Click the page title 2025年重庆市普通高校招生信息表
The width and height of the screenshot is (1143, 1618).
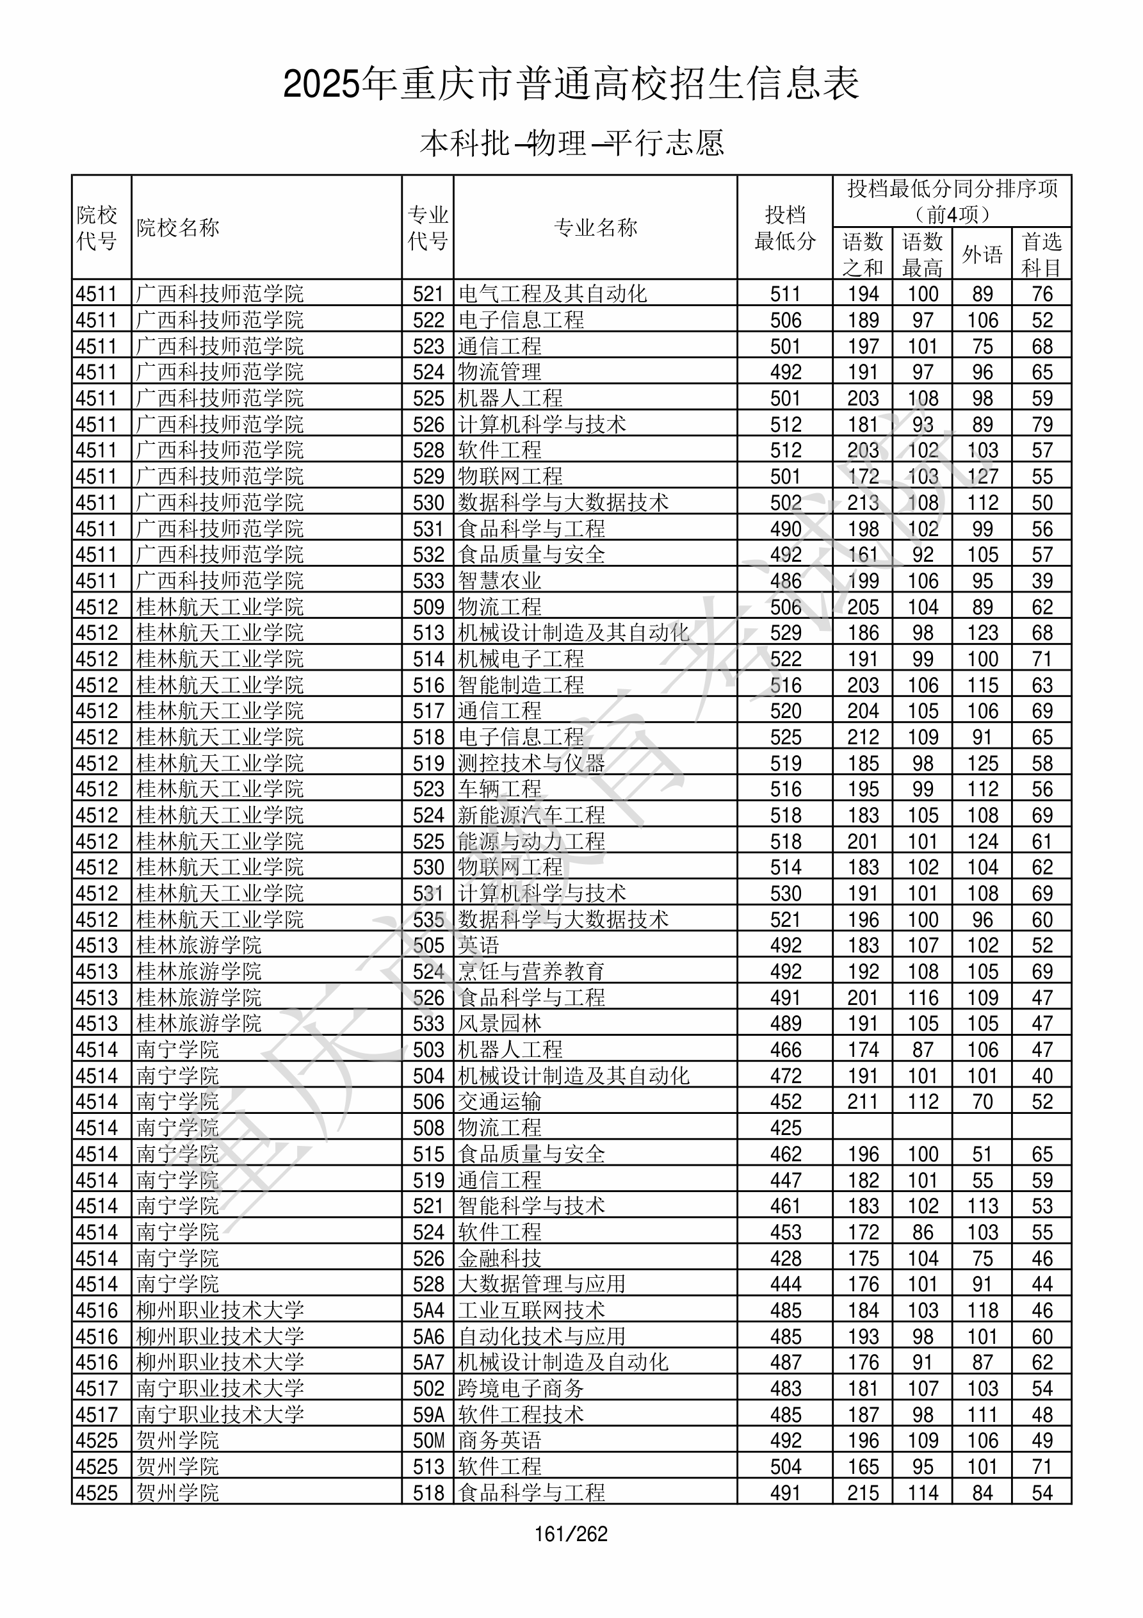pyautogui.click(x=571, y=85)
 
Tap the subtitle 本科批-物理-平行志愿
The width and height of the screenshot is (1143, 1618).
pyautogui.click(x=571, y=143)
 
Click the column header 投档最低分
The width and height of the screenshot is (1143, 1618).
pyautogui.click(x=784, y=227)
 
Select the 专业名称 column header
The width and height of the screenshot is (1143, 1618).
pyautogui.click(x=596, y=227)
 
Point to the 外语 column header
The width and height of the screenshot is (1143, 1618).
pyautogui.click(x=982, y=254)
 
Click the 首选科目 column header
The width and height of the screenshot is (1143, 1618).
pyautogui.click(x=1042, y=254)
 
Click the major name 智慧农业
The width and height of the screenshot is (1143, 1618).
pyautogui.click(x=499, y=581)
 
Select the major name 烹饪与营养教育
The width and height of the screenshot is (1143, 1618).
pyautogui.click(x=531, y=972)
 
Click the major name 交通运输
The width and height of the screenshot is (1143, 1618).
pyautogui.click(x=499, y=1102)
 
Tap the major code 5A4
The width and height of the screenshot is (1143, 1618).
pyautogui.click(x=428, y=1311)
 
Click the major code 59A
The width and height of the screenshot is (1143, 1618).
pyautogui.click(x=428, y=1415)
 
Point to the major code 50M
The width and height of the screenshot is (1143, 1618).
pyautogui.click(x=428, y=1441)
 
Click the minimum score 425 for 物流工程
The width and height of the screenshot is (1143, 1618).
pyautogui.click(x=785, y=1128)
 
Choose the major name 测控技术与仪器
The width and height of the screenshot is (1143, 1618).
pyautogui.click(x=531, y=763)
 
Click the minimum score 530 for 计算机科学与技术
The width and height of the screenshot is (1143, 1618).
pyautogui.click(x=785, y=894)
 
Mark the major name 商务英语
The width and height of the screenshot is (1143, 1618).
pyautogui.click(x=499, y=1441)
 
